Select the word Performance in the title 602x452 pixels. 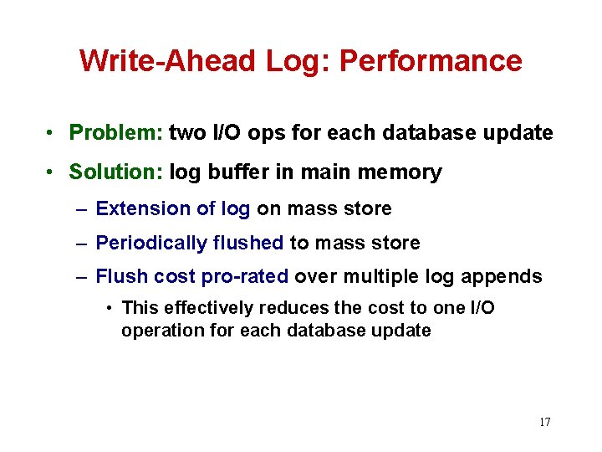point(431,61)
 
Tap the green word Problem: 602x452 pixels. point(116,132)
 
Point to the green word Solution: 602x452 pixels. point(116,172)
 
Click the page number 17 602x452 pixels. point(544,422)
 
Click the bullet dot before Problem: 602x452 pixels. point(52,133)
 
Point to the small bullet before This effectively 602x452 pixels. point(110,309)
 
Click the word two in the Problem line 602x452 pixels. point(185,132)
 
